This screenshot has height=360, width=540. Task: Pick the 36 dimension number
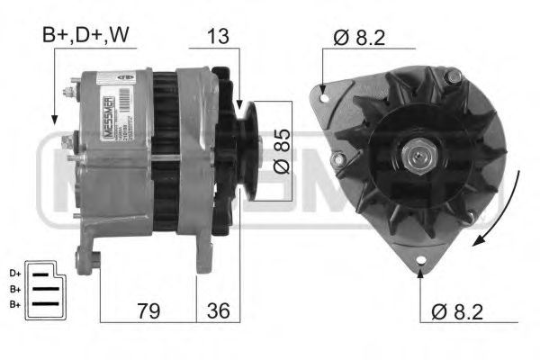click(x=219, y=310)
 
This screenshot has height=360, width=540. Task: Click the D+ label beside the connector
click(x=15, y=273)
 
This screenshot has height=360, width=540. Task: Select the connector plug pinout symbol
click(x=42, y=287)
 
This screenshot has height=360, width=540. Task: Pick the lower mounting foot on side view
click(x=88, y=262)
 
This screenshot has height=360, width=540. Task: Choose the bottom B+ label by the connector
click(x=15, y=305)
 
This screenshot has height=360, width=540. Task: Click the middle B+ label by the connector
click(x=15, y=289)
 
